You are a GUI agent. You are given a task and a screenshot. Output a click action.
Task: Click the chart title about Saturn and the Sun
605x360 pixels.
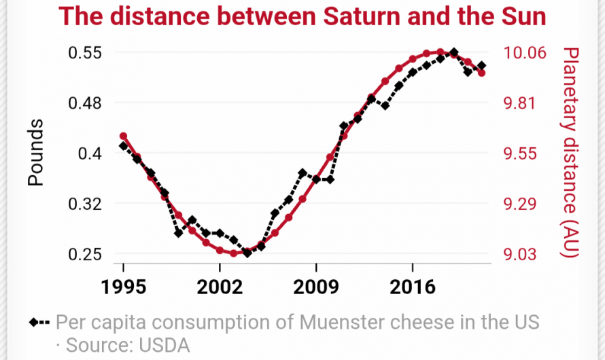point(303,16)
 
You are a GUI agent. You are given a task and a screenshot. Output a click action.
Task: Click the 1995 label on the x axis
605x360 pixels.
point(123,285)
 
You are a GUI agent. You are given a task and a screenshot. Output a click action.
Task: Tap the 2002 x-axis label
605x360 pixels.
point(220,285)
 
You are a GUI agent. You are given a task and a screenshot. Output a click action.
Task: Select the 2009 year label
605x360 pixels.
point(316,285)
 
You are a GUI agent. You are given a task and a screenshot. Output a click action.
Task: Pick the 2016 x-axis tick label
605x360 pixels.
point(413,285)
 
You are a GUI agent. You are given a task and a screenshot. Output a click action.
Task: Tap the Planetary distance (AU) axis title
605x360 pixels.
point(570,152)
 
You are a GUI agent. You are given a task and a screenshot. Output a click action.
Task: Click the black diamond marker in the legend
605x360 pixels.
point(34,321)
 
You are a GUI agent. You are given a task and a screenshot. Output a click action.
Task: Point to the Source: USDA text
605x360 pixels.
point(127,344)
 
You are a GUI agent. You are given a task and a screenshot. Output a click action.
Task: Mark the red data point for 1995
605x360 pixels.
point(124,137)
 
